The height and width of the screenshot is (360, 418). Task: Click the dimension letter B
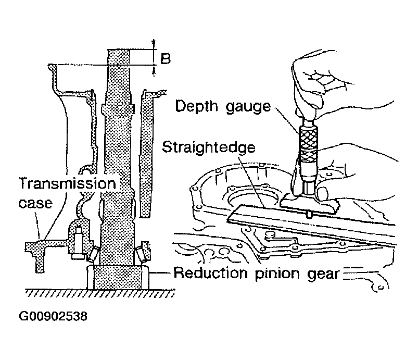click(166, 58)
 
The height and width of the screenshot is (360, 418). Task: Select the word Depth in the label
click(197, 106)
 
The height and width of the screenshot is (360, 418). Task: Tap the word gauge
click(248, 107)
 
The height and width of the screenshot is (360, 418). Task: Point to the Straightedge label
click(208, 147)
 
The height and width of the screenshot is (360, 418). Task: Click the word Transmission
click(68, 183)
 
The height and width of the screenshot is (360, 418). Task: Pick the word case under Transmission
click(35, 203)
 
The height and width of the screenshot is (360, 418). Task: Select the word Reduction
click(211, 273)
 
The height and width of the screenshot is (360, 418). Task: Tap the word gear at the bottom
click(323, 275)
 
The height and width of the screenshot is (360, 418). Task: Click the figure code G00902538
click(53, 316)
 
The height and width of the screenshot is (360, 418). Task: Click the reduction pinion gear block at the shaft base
click(118, 277)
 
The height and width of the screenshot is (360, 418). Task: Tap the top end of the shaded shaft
click(119, 50)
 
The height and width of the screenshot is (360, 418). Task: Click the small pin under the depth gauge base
click(309, 214)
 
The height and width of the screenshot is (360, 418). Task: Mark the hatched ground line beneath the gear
click(100, 293)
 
